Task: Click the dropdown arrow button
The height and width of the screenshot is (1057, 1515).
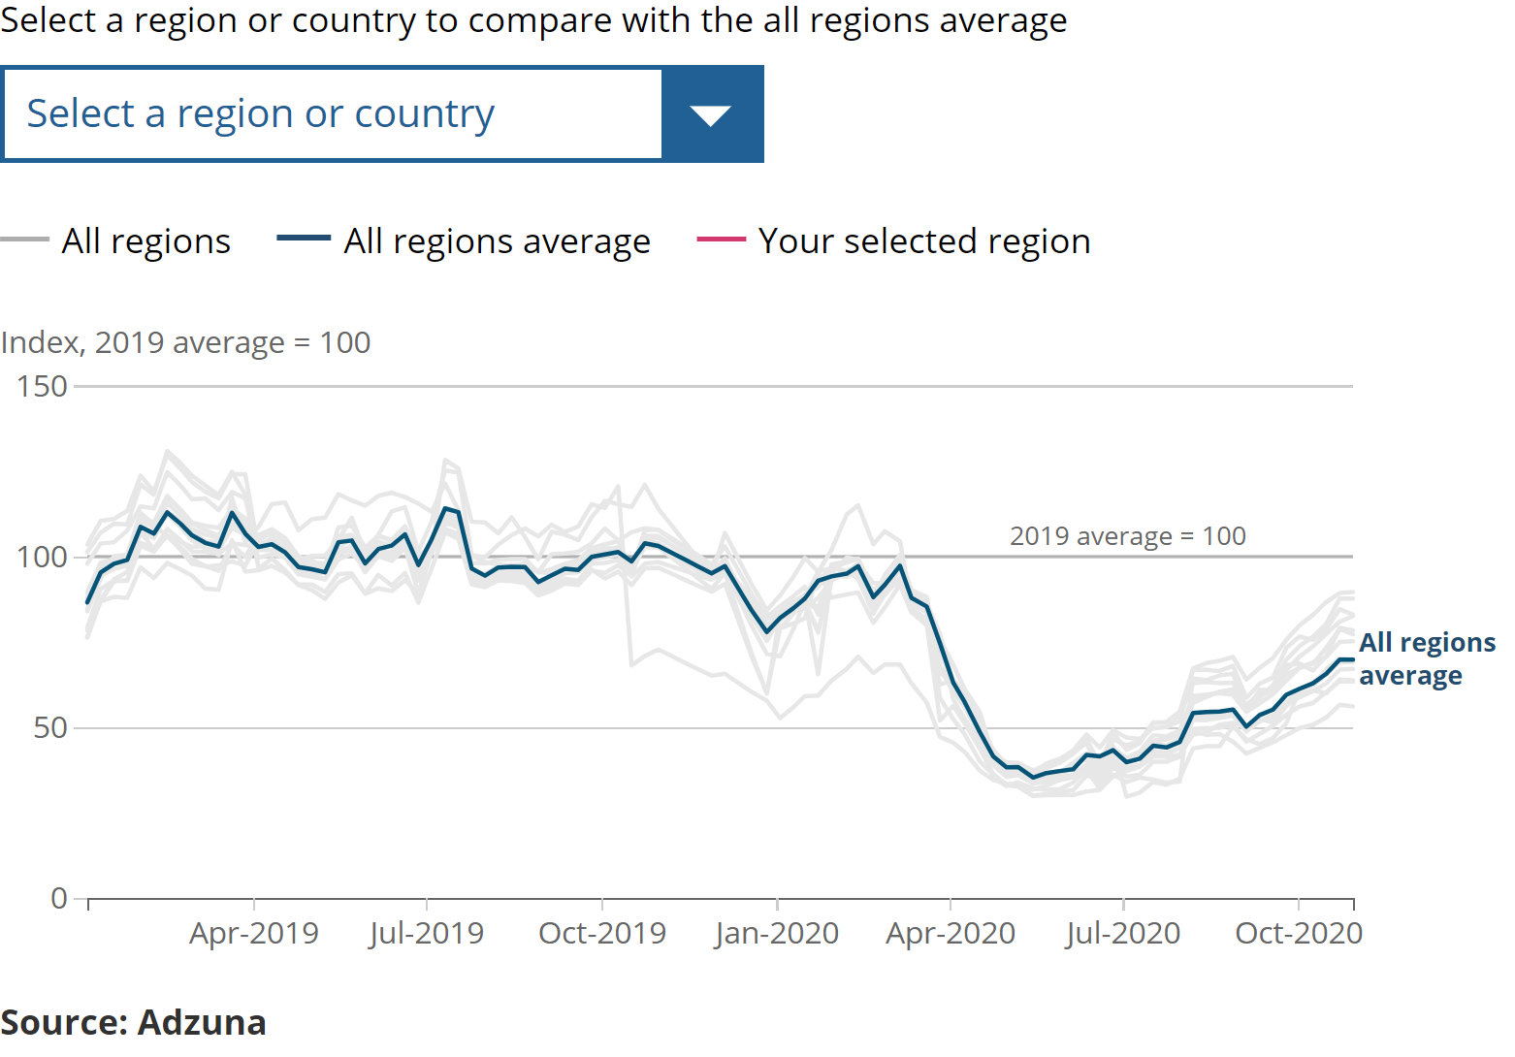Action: (x=711, y=114)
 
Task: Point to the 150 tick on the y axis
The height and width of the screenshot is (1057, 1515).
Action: (x=43, y=386)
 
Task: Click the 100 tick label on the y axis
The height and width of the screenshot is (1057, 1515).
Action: (x=43, y=557)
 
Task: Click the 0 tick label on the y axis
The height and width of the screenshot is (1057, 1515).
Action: (x=59, y=898)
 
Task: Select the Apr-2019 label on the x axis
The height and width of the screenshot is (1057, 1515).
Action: (x=254, y=933)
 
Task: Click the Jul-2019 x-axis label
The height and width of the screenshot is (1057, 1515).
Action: (x=427, y=933)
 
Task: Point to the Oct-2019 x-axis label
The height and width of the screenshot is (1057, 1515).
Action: (x=602, y=933)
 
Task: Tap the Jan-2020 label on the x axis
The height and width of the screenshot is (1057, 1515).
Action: (x=777, y=933)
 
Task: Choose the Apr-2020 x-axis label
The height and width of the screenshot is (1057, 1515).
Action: (x=951, y=933)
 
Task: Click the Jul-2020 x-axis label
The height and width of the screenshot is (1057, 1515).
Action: (x=1123, y=933)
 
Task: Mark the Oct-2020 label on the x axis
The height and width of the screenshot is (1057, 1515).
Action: (x=1299, y=933)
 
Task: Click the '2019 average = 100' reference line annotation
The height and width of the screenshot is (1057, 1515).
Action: (x=1127, y=536)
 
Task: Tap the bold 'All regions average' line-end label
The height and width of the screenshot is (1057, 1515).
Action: (x=1427, y=658)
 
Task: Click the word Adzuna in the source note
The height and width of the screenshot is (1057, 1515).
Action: (x=202, y=1022)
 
